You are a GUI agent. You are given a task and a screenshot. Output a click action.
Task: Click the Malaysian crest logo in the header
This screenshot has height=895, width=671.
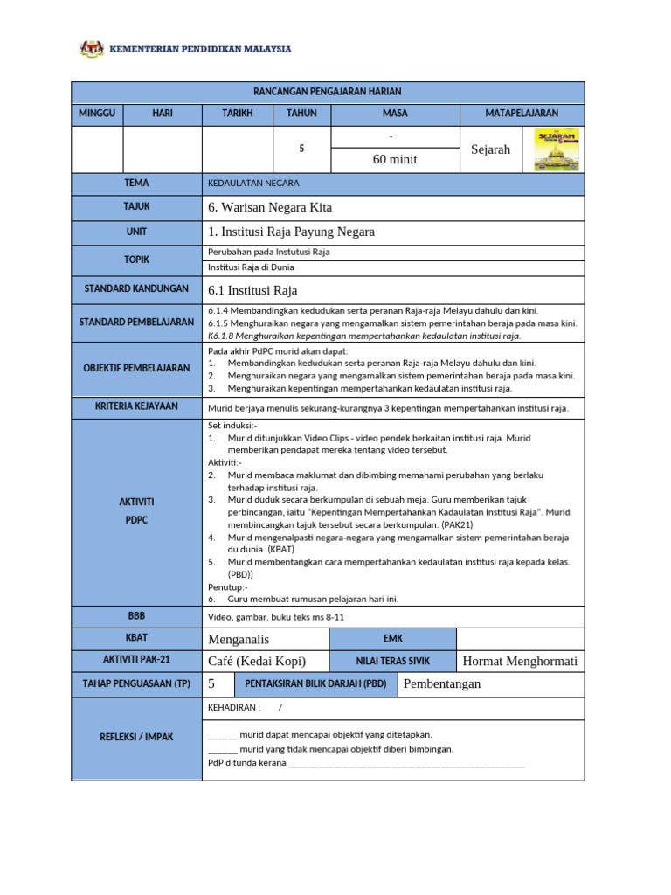tap(92, 49)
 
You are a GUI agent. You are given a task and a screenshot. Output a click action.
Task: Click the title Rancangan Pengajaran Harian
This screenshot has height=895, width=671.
tap(327, 92)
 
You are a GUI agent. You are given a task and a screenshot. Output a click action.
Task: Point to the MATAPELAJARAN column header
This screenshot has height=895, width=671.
tap(522, 114)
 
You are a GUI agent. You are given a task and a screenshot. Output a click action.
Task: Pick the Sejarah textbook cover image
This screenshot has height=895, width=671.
tap(556, 149)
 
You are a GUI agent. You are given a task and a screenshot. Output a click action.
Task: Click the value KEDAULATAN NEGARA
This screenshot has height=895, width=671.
tap(253, 184)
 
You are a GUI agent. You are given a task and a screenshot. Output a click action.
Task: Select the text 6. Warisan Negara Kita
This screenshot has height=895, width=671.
tap(270, 207)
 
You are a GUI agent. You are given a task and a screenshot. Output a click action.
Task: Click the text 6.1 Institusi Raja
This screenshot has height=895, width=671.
tap(252, 290)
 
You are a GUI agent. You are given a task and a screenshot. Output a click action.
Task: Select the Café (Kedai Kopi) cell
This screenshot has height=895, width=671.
tap(257, 661)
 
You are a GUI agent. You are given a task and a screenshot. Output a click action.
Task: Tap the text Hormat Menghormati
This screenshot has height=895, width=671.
tap(520, 661)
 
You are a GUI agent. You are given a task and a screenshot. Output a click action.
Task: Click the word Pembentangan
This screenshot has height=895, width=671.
tap(442, 683)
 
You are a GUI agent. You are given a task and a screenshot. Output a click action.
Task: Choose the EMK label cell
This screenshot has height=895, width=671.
tap(392, 639)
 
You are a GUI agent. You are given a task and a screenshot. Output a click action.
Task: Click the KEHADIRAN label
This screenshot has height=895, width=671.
tap(235, 707)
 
